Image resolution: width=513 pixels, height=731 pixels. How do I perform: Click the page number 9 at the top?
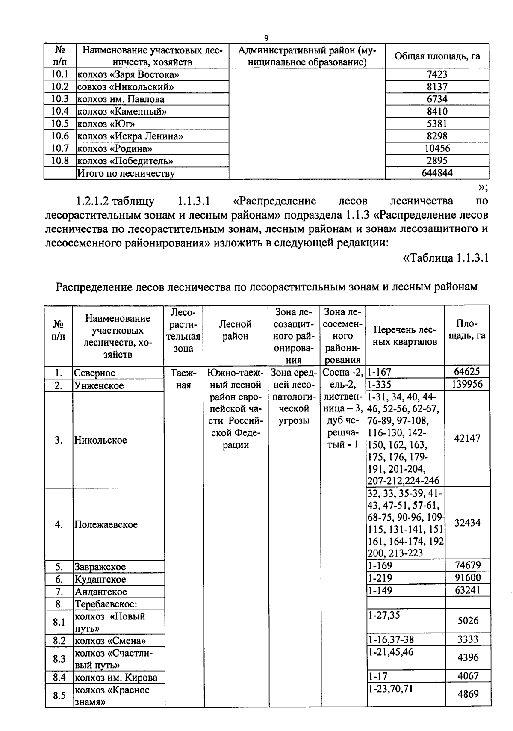(x=266, y=38)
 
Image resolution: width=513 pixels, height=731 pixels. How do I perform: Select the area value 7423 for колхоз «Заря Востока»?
(x=437, y=74)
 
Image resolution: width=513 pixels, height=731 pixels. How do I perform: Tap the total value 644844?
(x=437, y=173)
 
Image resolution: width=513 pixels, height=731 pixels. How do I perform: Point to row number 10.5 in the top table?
(x=60, y=124)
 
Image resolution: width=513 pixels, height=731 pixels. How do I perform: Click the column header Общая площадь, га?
(x=437, y=56)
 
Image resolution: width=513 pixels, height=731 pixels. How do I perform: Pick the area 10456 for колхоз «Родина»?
(x=437, y=148)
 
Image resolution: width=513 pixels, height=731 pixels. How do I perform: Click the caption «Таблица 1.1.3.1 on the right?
(x=445, y=259)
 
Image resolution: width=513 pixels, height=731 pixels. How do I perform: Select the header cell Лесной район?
(x=236, y=330)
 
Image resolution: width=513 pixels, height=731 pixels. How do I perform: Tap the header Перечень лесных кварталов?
(x=405, y=336)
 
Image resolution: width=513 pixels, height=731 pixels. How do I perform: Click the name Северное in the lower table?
(x=95, y=373)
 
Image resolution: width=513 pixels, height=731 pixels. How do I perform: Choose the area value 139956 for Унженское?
(x=467, y=385)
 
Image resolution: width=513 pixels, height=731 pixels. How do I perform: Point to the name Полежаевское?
(x=106, y=525)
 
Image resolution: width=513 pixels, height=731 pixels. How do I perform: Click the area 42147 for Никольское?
(x=467, y=438)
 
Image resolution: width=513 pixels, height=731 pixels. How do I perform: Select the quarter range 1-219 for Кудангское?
(x=380, y=578)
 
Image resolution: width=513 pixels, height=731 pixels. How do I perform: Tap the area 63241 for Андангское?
(x=467, y=591)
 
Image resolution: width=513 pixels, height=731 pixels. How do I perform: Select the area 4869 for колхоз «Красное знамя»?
(x=468, y=694)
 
